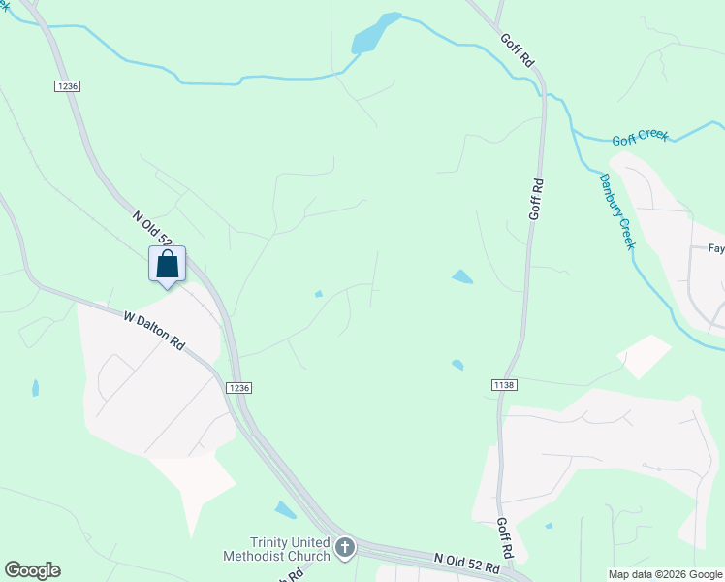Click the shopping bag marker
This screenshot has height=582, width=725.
tap(167, 264)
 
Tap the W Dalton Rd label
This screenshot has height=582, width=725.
tap(154, 330)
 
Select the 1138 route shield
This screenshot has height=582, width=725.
tap(503, 385)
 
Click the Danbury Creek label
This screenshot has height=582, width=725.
tap(616, 210)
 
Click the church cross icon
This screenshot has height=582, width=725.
tap(343, 549)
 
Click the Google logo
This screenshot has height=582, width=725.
tap(32, 570)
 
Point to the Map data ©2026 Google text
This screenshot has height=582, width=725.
tap(665, 574)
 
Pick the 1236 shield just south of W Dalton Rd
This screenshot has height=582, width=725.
tap(239, 388)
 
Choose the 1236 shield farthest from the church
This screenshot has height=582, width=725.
tap(67, 86)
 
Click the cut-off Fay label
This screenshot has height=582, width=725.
tap(716, 248)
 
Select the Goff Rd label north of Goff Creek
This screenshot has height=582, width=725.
tap(518, 51)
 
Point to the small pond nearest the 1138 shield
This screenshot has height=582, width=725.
tap(457, 365)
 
